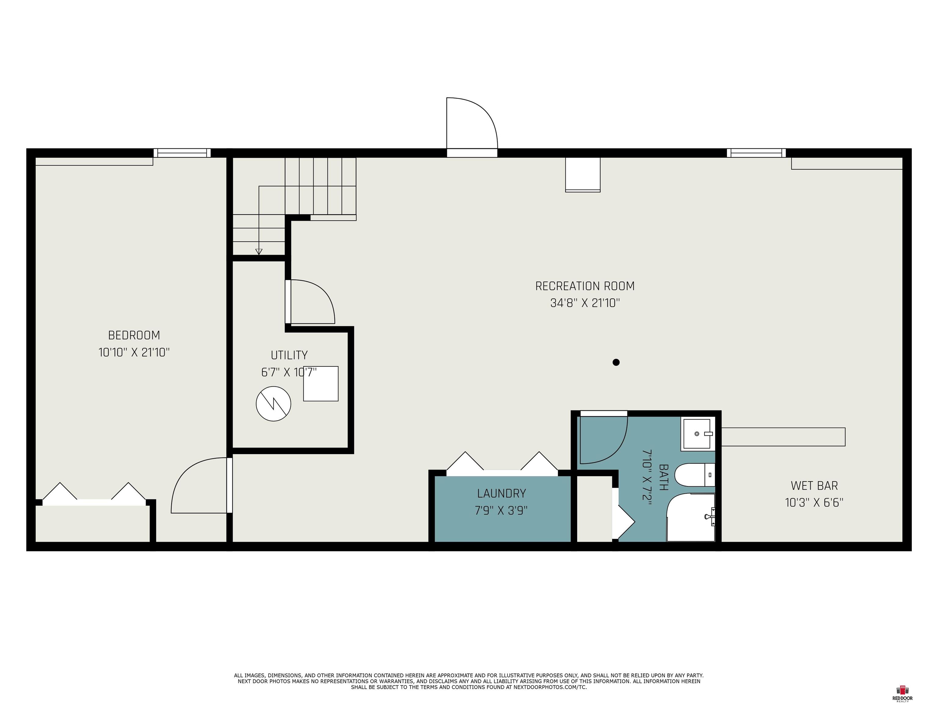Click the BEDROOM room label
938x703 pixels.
134,335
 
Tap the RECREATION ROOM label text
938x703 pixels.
585,286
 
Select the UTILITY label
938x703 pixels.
289,355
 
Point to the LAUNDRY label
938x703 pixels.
501,493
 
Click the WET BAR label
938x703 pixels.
814,486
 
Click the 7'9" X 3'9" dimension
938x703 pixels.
501,510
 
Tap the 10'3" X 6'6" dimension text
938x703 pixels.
814,503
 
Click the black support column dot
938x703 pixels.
616,362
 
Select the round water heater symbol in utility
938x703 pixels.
274,404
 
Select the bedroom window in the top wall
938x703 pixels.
182,153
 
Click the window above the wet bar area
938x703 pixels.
756,153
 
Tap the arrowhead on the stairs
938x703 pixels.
259,252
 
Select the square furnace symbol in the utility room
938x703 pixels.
321,384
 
